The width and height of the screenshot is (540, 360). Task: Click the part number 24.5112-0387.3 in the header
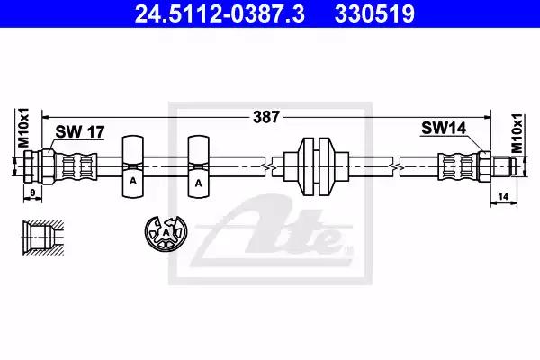(x=220, y=13)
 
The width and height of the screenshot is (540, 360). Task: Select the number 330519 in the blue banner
(x=374, y=13)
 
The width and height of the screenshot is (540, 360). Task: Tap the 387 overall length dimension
(x=266, y=117)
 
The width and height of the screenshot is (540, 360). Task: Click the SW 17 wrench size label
(x=80, y=131)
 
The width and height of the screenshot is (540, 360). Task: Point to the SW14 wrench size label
(x=444, y=128)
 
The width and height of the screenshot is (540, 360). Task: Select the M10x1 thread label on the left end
(x=23, y=128)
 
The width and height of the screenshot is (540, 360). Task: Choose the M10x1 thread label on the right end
(x=517, y=133)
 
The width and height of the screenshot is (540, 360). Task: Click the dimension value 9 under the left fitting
(x=32, y=193)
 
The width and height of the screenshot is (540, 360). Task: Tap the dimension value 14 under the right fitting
(x=503, y=196)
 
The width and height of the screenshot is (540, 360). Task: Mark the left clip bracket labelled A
(x=133, y=166)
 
